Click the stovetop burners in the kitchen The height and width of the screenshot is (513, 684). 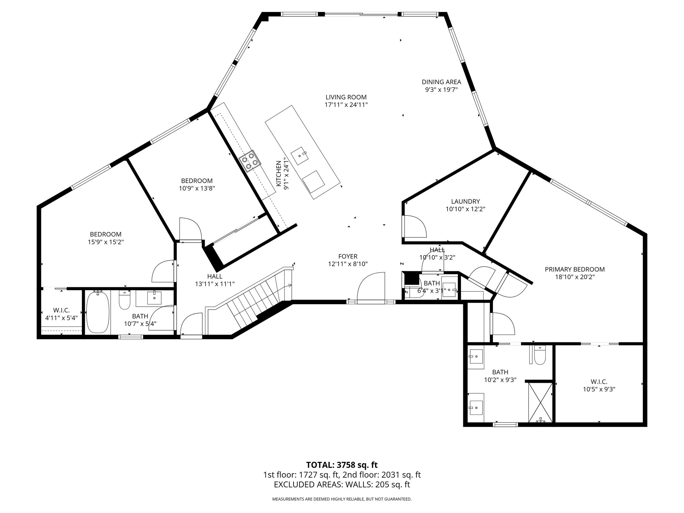coord(250,161)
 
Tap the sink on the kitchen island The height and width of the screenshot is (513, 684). coord(300,156)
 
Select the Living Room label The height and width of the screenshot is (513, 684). coord(346,97)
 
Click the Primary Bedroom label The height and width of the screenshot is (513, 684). coord(574,269)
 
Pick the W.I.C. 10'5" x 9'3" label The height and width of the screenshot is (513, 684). coord(599,385)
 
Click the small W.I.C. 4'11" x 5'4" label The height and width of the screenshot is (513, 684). coord(61,314)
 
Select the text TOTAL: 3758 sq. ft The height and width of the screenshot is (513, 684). coord(342,465)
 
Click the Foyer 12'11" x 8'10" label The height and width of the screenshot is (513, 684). coord(348,260)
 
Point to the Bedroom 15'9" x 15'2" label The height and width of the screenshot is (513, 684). coord(106,238)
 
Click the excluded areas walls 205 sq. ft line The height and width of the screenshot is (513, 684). coord(342,485)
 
